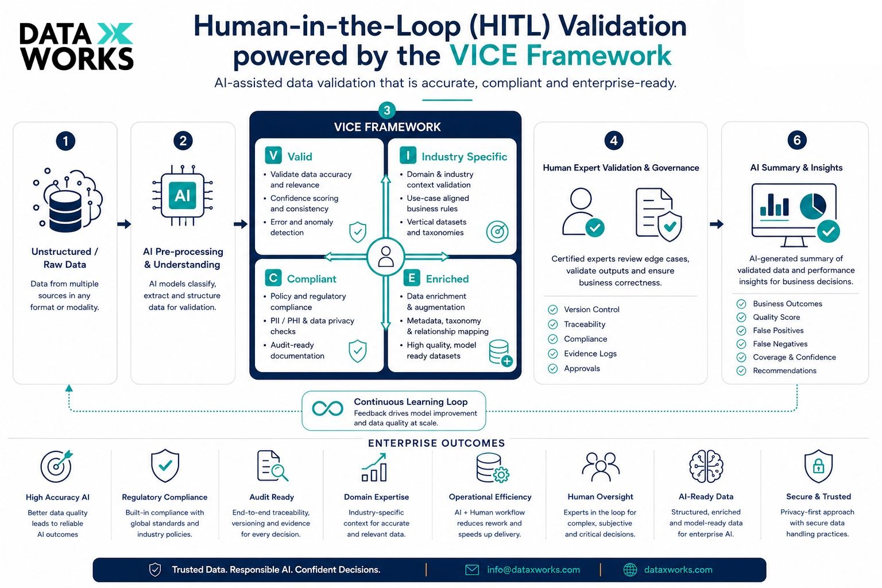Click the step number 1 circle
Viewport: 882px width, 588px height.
[x=65, y=141]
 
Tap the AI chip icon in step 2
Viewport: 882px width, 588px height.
[x=182, y=195]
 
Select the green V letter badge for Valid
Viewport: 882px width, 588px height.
[x=273, y=155]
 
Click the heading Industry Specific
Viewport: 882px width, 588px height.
[x=464, y=157]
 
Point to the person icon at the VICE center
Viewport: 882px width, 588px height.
[x=385, y=257]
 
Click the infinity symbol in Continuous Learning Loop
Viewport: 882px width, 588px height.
[x=327, y=408]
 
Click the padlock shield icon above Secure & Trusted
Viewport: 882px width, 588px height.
[x=818, y=466]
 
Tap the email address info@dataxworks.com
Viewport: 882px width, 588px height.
[x=533, y=570]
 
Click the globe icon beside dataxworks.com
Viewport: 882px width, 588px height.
[x=630, y=570]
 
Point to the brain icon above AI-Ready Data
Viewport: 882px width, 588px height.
[x=706, y=466]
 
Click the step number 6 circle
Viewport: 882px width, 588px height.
[x=797, y=140]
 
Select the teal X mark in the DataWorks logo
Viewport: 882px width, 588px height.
[x=115, y=33]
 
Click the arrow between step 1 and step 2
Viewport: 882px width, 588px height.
[x=124, y=224]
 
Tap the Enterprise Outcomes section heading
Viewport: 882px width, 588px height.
[x=436, y=443]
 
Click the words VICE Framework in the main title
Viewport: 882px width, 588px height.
[x=560, y=55]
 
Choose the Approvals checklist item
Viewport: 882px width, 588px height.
[x=574, y=368]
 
